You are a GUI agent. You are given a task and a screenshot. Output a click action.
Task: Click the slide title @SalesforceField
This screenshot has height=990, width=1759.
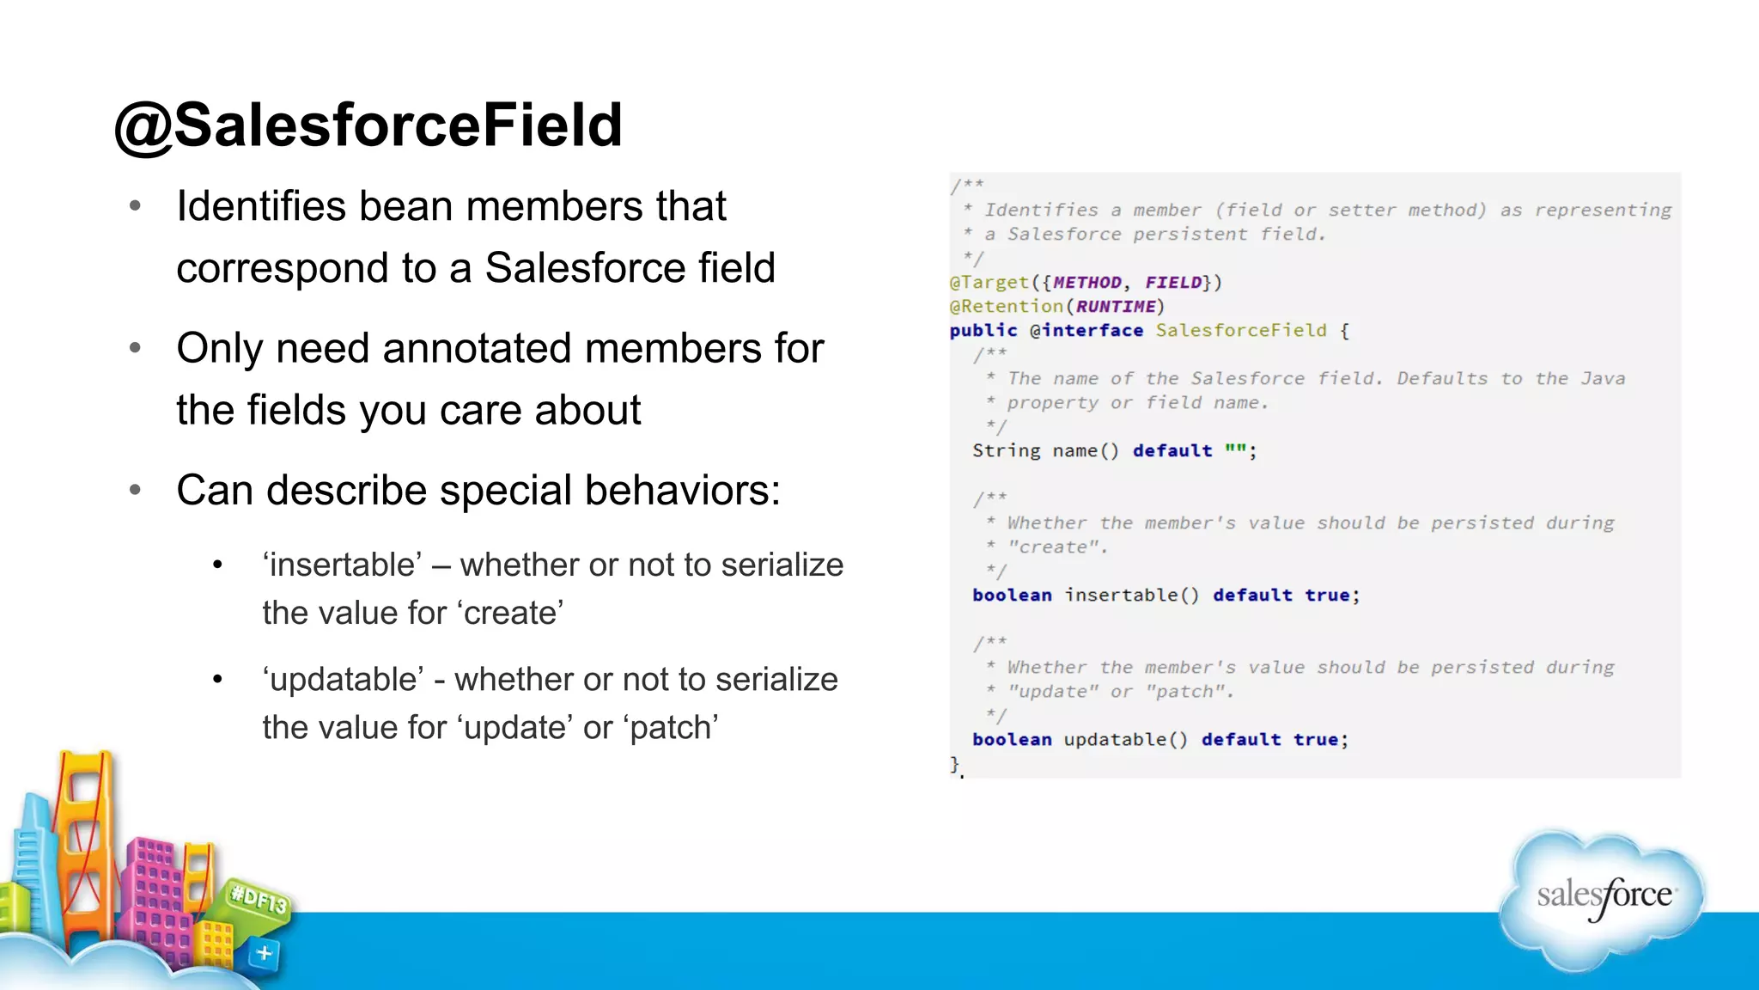pyautogui.click(x=368, y=125)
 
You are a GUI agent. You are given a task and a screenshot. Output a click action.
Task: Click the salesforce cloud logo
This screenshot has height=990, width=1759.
pyautogui.click(x=1603, y=898)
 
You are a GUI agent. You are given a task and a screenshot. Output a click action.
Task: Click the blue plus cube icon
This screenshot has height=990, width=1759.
pyautogui.click(x=264, y=953)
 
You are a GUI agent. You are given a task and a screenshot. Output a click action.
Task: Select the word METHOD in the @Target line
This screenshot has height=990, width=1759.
pyautogui.click(x=1087, y=283)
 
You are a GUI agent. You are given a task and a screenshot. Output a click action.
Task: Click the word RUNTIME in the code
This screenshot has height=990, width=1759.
pyautogui.click(x=1116, y=307)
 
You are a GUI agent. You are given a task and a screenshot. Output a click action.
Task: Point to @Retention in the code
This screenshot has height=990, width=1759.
pyautogui.click(x=1006, y=307)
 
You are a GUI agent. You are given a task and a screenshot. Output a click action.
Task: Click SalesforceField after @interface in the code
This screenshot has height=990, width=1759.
pyautogui.click(x=1240, y=331)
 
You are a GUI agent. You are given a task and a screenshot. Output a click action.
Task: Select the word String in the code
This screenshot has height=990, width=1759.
pyautogui.click(x=1006, y=451)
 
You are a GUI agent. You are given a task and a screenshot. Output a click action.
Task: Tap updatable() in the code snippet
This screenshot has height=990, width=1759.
pyautogui.click(x=1125, y=740)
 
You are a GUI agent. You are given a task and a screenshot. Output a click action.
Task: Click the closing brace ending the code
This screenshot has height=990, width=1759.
pyautogui.click(x=954, y=763)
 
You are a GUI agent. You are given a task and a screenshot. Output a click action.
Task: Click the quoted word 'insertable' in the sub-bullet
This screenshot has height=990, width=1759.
pyautogui.click(x=342, y=565)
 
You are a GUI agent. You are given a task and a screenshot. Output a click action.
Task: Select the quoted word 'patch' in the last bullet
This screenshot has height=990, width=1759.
pyautogui.click(x=673, y=728)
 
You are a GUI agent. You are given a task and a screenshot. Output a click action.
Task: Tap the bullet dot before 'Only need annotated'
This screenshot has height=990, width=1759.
pyautogui.click(x=135, y=348)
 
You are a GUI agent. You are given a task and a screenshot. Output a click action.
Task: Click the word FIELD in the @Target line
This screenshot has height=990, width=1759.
pyautogui.click(x=1173, y=283)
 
